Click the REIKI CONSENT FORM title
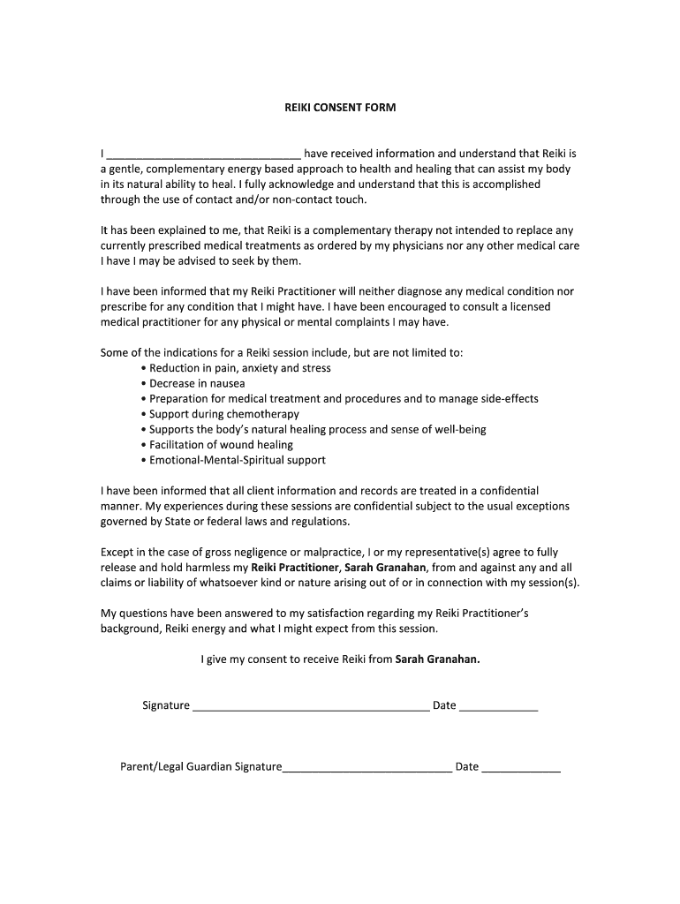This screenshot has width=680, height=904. [x=340, y=108]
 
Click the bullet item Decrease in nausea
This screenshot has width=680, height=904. [x=197, y=384]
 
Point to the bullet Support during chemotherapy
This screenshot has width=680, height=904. [x=224, y=414]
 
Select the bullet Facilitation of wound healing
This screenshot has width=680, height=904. [x=221, y=445]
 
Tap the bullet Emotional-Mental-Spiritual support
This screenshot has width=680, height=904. [x=237, y=460]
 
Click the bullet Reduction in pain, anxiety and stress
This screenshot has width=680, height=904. [x=240, y=368]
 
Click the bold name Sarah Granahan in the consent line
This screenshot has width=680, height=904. [x=437, y=659]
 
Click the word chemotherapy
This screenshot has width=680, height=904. [x=263, y=414]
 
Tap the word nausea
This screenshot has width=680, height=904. [x=226, y=384]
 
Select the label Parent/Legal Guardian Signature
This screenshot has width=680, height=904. [x=200, y=767]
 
